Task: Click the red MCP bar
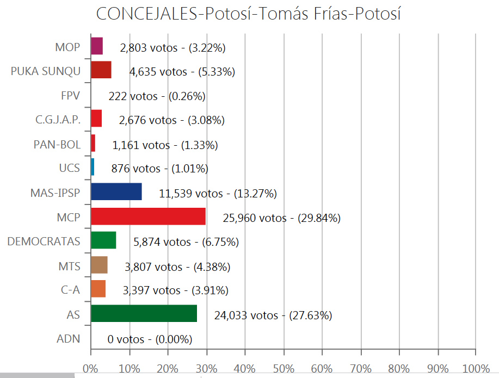click(x=148, y=216)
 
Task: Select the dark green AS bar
click(x=144, y=314)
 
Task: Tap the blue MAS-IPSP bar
click(x=116, y=192)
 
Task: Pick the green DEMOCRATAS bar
click(x=103, y=240)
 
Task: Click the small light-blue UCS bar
click(x=93, y=168)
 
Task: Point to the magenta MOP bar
click(x=97, y=46)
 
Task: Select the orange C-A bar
click(x=98, y=289)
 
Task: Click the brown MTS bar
click(x=99, y=265)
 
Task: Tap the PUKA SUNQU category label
click(x=46, y=71)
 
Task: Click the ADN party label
click(x=68, y=339)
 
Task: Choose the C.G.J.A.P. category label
click(x=54, y=120)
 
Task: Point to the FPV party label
click(x=70, y=96)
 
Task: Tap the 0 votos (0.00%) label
click(x=150, y=339)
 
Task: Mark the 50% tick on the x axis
click(x=283, y=368)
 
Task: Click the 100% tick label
click(x=476, y=368)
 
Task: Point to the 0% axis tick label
click(x=90, y=368)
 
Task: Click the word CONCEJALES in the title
click(x=146, y=14)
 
